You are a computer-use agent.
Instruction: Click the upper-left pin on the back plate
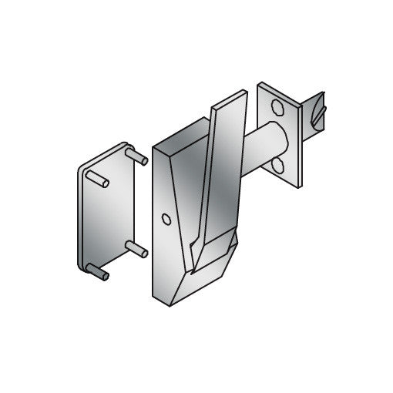click(x=97, y=180)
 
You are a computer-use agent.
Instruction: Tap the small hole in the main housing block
click(x=166, y=220)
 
